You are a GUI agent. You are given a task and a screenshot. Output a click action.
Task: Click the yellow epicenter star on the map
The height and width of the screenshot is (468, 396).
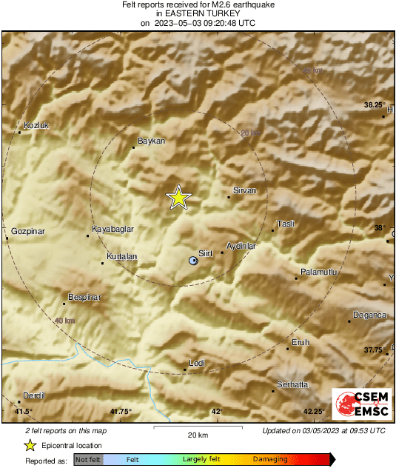click(x=178, y=198)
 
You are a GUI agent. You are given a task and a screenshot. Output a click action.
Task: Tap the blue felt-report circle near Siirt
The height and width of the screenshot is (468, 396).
click(x=193, y=261)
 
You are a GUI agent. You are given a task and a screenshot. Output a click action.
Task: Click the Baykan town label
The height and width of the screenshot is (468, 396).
click(x=152, y=141)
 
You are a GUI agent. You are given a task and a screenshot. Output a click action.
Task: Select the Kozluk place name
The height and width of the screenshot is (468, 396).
click(x=36, y=125)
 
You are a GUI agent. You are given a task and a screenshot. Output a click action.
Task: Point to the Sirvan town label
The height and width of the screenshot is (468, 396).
click(x=244, y=190)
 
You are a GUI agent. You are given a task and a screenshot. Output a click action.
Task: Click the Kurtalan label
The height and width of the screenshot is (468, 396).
click(x=122, y=257)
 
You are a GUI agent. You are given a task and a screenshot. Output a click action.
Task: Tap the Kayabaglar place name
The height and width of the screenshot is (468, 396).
click(x=113, y=230)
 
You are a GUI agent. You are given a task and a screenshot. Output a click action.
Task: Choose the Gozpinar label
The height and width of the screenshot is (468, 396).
click(x=29, y=232)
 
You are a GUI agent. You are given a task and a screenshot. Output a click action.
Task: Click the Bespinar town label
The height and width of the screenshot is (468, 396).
click(x=84, y=297)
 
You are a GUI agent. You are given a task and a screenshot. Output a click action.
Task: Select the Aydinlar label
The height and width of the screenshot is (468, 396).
click(x=241, y=245)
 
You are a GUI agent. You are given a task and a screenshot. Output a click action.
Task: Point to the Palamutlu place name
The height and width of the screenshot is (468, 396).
click(x=319, y=273)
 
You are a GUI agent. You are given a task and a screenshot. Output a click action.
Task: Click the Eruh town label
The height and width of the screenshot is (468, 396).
click(x=301, y=342)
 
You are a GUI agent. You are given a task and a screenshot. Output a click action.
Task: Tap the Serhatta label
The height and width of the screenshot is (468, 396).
click(x=292, y=384)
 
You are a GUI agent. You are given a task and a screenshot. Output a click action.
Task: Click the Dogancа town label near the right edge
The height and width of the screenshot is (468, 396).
click(x=370, y=315)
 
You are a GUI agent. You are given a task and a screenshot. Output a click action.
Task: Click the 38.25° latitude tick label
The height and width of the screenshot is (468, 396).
click(x=375, y=105)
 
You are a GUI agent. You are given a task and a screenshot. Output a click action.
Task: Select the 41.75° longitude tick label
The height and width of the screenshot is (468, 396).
click(x=120, y=412)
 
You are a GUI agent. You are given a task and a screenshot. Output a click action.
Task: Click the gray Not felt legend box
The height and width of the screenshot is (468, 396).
click(x=88, y=460)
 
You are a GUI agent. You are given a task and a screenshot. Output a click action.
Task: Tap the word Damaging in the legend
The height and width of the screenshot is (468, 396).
click(x=270, y=460)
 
